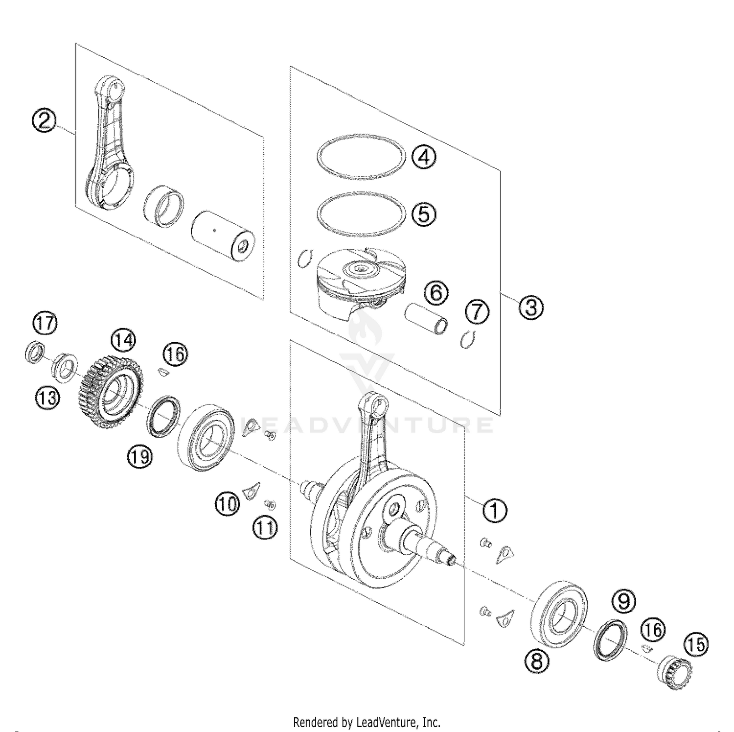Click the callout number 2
pos(44,120)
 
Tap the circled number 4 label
pos(424,157)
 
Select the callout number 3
pos(531,308)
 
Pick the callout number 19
pos(140,457)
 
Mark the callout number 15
pos(697,645)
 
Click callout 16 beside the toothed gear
pos(175,354)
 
